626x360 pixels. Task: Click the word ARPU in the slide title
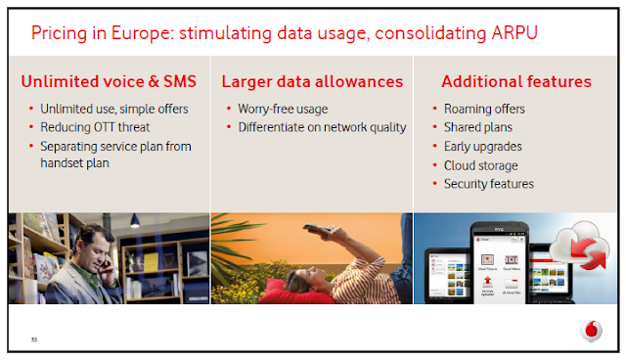click(514, 32)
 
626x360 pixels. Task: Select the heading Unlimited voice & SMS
click(109, 81)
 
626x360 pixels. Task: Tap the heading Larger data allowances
click(312, 82)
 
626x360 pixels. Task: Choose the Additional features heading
click(516, 81)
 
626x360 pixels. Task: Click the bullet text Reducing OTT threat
click(95, 127)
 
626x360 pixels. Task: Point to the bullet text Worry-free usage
click(283, 110)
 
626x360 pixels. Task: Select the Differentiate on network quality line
click(322, 128)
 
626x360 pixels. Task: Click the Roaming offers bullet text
click(484, 109)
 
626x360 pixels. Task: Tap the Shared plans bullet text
click(478, 127)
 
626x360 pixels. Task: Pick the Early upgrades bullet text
click(482, 147)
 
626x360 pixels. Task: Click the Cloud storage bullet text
click(480, 165)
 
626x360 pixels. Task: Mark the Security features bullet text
click(489, 184)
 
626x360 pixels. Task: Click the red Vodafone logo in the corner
click(591, 331)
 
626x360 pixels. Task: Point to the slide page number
click(34, 339)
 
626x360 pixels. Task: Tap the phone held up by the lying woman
click(317, 228)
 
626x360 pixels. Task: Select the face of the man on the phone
click(95, 251)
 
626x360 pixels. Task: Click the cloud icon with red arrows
click(581, 246)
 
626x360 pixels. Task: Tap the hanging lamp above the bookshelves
click(135, 221)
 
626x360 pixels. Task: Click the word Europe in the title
click(143, 33)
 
